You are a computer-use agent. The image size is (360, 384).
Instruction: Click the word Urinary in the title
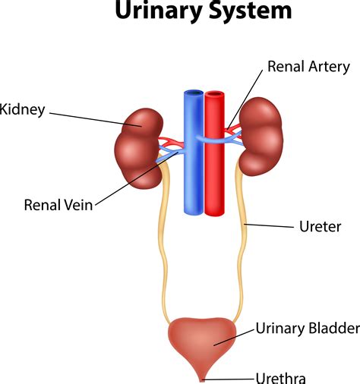(x=156, y=11)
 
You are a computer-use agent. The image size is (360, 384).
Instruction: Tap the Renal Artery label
(x=308, y=67)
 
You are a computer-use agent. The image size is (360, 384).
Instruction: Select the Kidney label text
(x=22, y=110)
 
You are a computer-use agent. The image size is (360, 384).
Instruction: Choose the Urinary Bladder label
(x=306, y=329)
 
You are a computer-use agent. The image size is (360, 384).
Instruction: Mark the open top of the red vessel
(x=215, y=95)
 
